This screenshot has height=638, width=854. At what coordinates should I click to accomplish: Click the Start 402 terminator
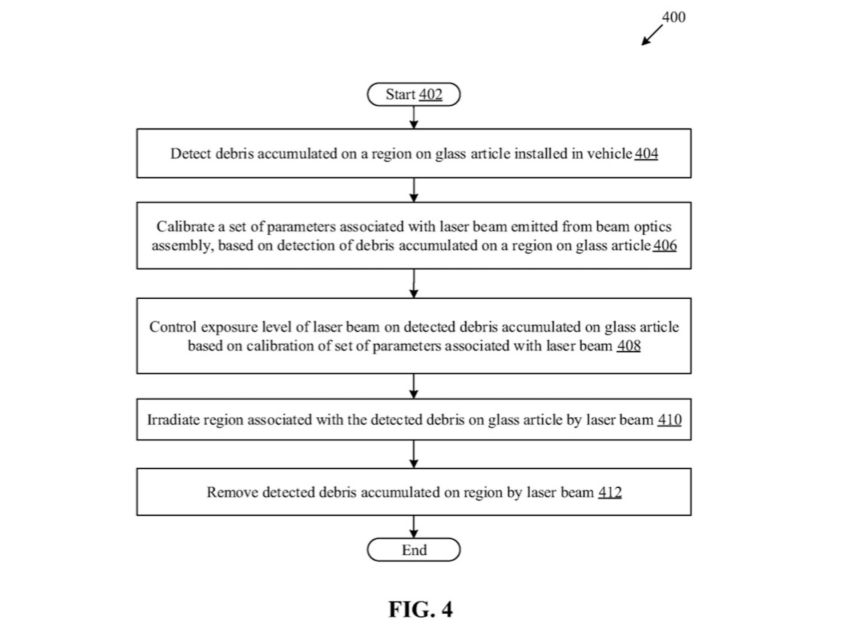tap(414, 94)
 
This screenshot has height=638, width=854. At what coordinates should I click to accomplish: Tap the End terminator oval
tap(414, 550)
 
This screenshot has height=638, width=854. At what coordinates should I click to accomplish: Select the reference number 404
tap(646, 154)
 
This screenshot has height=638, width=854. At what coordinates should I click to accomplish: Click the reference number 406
tap(665, 245)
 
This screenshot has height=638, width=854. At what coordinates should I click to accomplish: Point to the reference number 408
tap(628, 346)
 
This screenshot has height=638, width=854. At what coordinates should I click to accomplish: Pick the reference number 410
tap(669, 420)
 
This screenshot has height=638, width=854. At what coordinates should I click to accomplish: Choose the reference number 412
tap(610, 492)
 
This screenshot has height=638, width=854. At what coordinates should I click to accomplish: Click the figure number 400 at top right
tap(673, 17)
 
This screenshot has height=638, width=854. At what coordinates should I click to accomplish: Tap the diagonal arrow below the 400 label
tap(652, 35)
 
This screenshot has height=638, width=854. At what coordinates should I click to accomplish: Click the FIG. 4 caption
tap(420, 609)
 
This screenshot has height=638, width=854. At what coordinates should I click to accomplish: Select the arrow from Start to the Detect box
tap(414, 117)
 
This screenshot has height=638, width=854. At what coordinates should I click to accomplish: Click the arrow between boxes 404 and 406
tap(414, 190)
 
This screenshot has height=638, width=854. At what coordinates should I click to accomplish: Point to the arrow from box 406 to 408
tap(414, 284)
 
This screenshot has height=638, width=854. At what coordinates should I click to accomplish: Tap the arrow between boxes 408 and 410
tap(414, 386)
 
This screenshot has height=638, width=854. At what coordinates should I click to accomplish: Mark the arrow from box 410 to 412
tap(414, 454)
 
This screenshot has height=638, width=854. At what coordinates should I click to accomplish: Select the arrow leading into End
tap(414, 527)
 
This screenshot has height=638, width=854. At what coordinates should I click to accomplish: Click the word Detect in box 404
tap(190, 154)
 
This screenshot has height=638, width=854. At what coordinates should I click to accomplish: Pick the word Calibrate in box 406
tap(185, 227)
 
